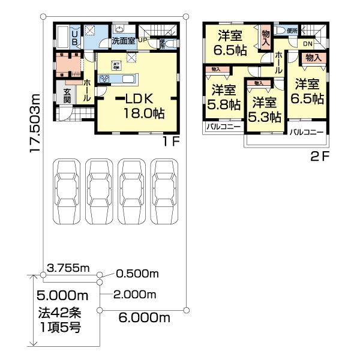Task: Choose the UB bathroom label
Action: [74, 38]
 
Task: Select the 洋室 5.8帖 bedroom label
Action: [224, 97]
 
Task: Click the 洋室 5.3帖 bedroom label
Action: [265, 109]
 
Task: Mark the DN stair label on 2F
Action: [307, 44]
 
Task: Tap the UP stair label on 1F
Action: [143, 40]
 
